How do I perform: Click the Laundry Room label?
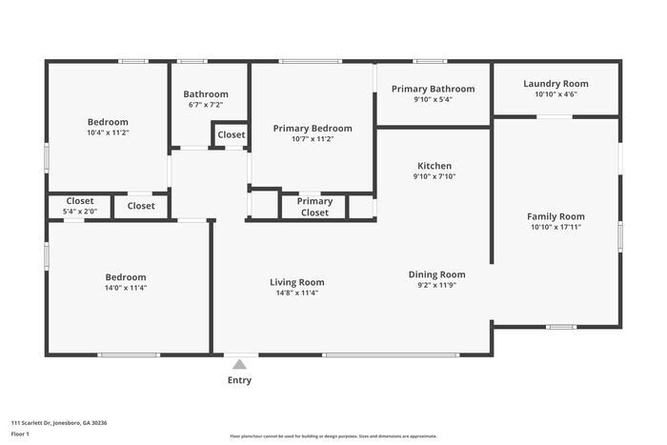click(x=556, y=84)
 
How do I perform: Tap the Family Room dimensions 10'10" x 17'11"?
click(x=557, y=228)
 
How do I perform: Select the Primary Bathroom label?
click(x=433, y=89)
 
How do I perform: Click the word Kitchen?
click(x=435, y=166)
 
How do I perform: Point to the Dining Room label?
click(x=436, y=274)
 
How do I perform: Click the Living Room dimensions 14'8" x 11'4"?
click(x=296, y=293)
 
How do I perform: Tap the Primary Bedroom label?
click(x=313, y=129)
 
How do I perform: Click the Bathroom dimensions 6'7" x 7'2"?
click(x=206, y=105)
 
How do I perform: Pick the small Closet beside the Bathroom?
click(x=231, y=135)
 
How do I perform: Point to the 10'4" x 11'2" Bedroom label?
click(x=108, y=122)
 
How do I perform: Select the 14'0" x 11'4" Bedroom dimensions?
click(x=126, y=288)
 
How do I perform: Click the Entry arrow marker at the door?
click(x=240, y=362)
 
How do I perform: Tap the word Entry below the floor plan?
click(x=240, y=381)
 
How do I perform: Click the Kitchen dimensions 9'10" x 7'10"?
click(x=435, y=176)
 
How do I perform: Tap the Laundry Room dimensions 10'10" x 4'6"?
click(x=556, y=94)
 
